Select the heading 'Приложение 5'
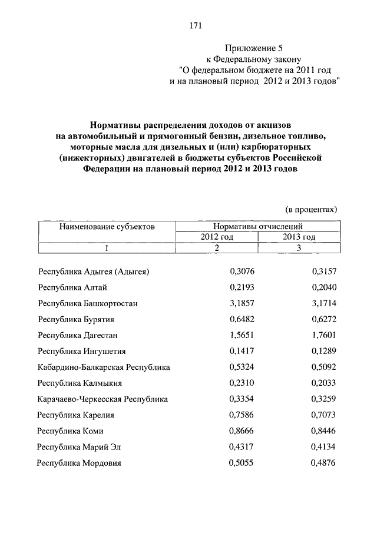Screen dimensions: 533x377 (252, 48)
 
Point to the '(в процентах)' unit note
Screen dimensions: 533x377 (311, 208)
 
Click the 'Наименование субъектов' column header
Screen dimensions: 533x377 (107, 226)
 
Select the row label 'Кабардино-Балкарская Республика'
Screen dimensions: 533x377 (104, 367)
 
